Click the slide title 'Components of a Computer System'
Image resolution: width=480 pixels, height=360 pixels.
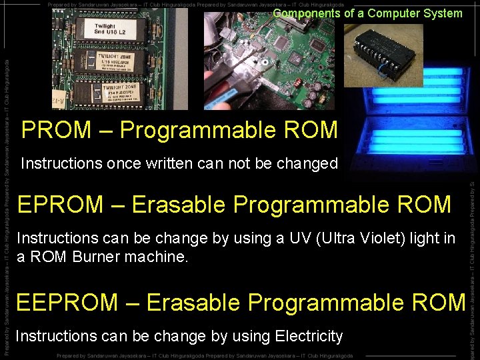point(367,13)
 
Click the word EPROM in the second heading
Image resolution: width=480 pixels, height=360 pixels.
point(60,205)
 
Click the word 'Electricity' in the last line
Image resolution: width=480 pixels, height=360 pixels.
point(309,336)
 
